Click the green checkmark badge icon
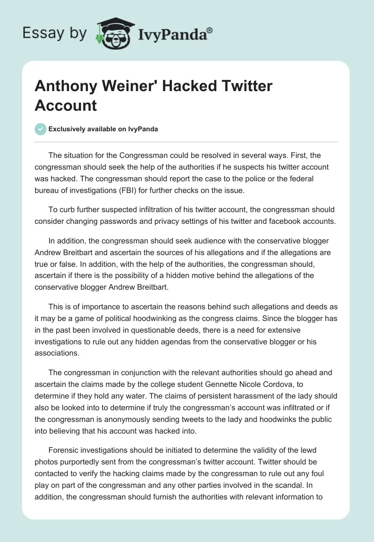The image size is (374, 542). pos(41,129)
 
